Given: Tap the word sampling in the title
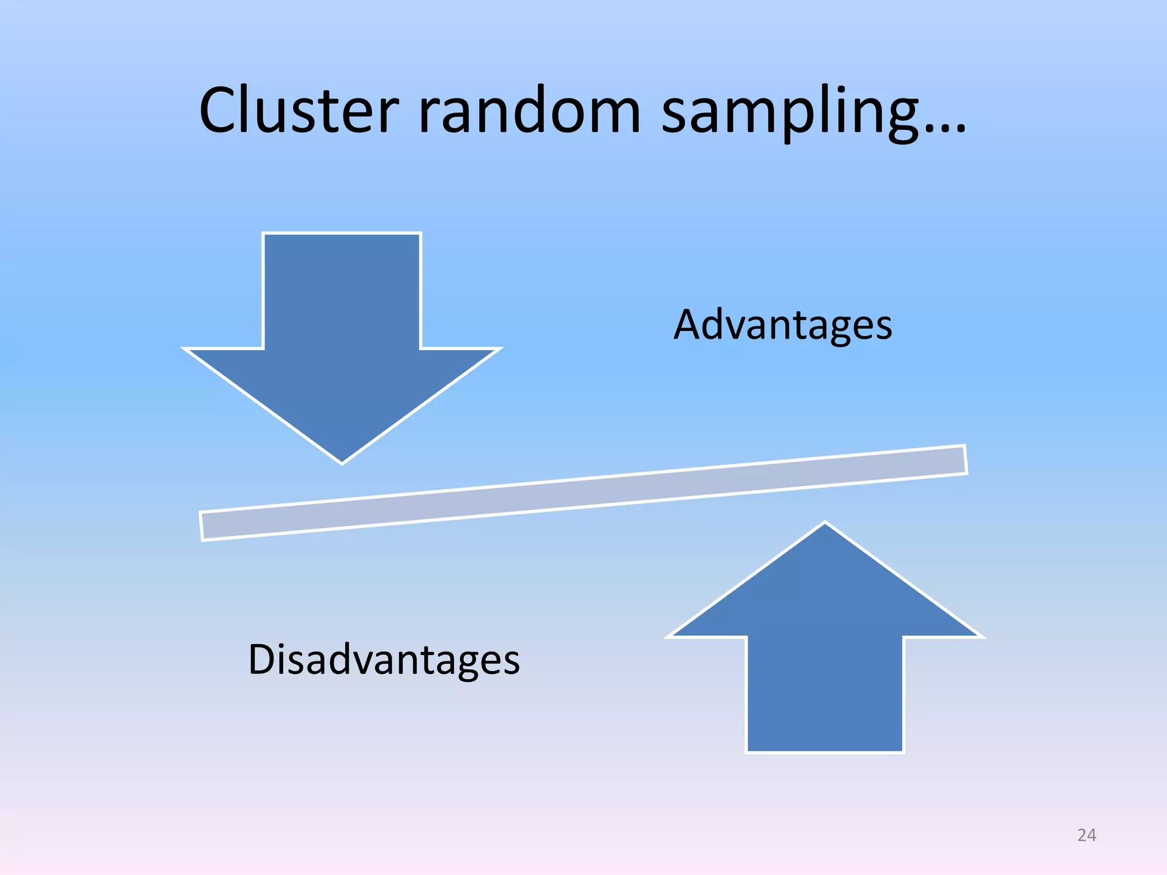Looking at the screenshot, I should point(790,111).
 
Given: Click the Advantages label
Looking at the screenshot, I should point(782,325).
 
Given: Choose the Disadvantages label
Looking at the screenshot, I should point(383,660).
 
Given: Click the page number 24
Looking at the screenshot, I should point(1087,835).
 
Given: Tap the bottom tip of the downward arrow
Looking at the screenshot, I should point(342,461).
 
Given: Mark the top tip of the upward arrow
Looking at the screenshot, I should point(825,524).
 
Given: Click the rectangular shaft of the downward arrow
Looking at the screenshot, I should point(342,291).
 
